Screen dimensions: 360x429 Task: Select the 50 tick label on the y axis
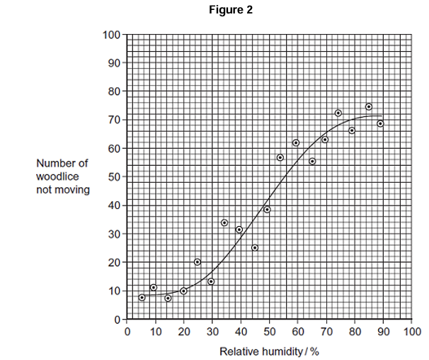point(115,177)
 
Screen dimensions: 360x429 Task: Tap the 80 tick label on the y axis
point(115,91)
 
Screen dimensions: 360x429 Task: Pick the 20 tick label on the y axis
point(115,263)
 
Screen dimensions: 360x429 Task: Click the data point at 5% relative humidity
point(142,298)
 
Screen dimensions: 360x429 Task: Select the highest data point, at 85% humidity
point(369,107)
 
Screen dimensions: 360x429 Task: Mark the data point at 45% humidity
point(255,247)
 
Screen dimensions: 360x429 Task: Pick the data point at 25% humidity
point(198,262)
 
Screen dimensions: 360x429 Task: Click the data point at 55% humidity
point(280,157)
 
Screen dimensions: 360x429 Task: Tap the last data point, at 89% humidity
point(380,124)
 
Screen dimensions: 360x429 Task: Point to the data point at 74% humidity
point(338,113)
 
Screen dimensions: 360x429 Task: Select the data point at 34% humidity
point(224,223)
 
